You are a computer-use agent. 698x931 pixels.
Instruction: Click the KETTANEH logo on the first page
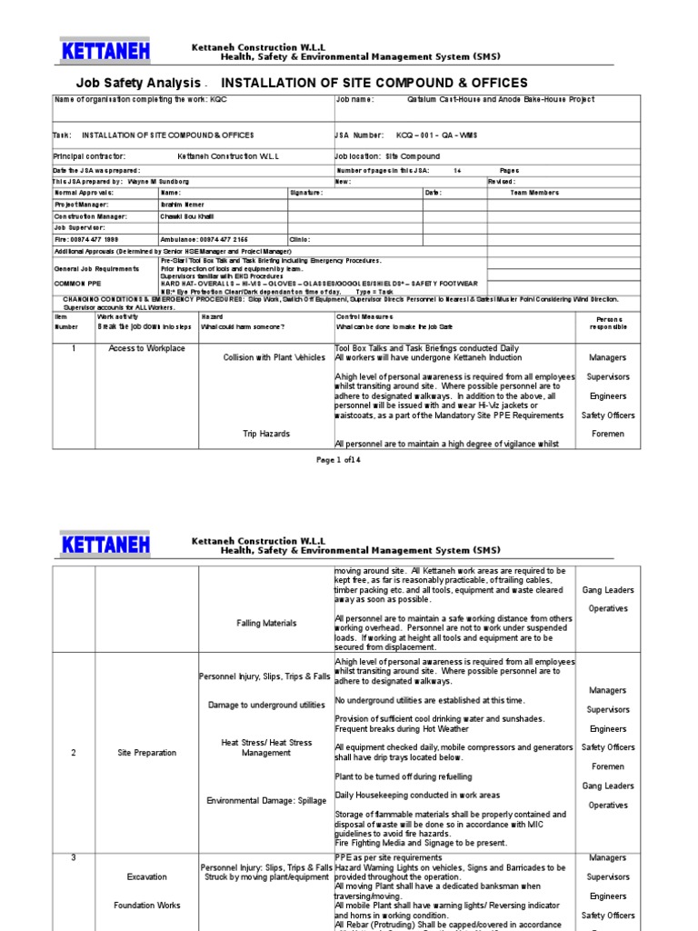click(106, 52)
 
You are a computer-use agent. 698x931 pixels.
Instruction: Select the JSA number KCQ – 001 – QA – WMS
click(440, 135)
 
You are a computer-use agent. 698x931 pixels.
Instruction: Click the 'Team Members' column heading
click(534, 193)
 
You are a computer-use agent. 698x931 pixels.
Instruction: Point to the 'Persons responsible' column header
click(609, 323)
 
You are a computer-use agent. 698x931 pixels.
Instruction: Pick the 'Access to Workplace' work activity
click(146, 348)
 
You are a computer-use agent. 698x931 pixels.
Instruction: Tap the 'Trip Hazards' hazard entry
click(266, 434)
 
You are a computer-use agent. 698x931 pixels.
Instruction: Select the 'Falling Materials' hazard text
click(266, 623)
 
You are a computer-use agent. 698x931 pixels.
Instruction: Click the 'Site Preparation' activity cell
click(146, 753)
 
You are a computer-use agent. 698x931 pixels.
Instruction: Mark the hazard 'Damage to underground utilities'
click(266, 706)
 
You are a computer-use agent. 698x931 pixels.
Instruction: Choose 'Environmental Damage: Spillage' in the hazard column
click(266, 800)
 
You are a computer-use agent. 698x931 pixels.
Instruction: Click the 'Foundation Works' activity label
click(146, 906)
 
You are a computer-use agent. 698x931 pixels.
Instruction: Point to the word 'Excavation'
click(146, 877)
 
